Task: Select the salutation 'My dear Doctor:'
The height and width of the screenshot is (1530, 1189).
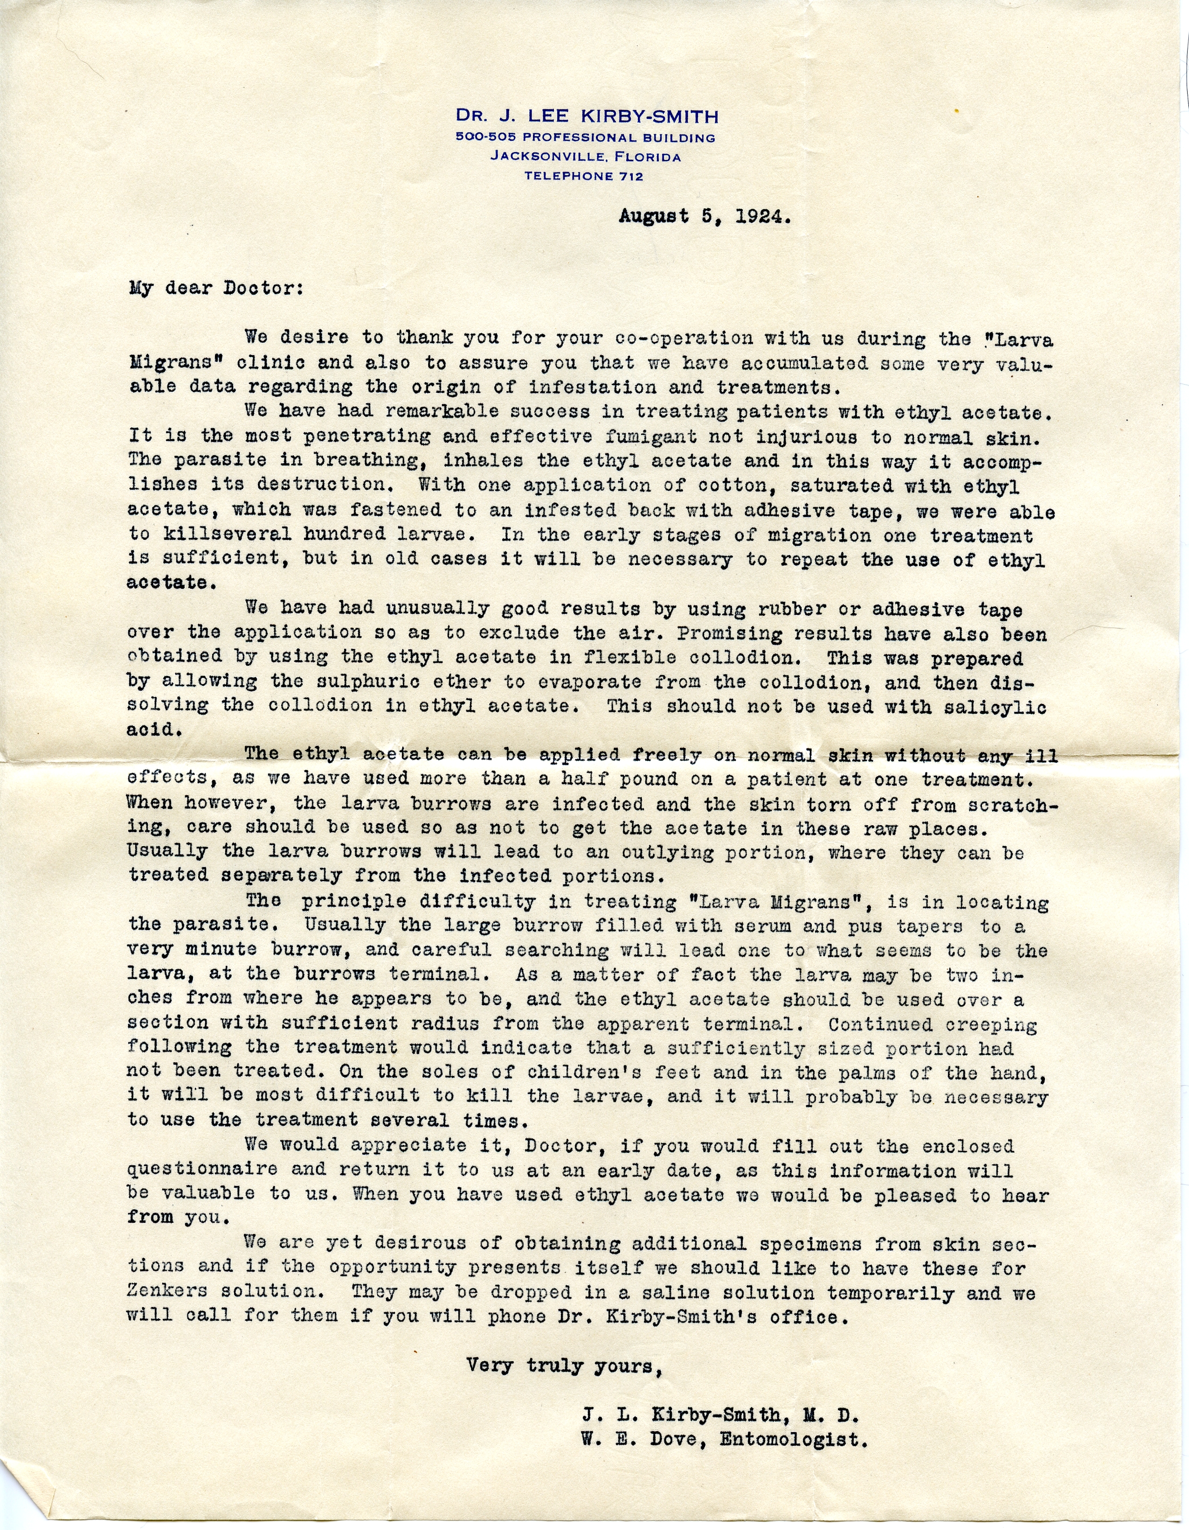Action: pos(216,289)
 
